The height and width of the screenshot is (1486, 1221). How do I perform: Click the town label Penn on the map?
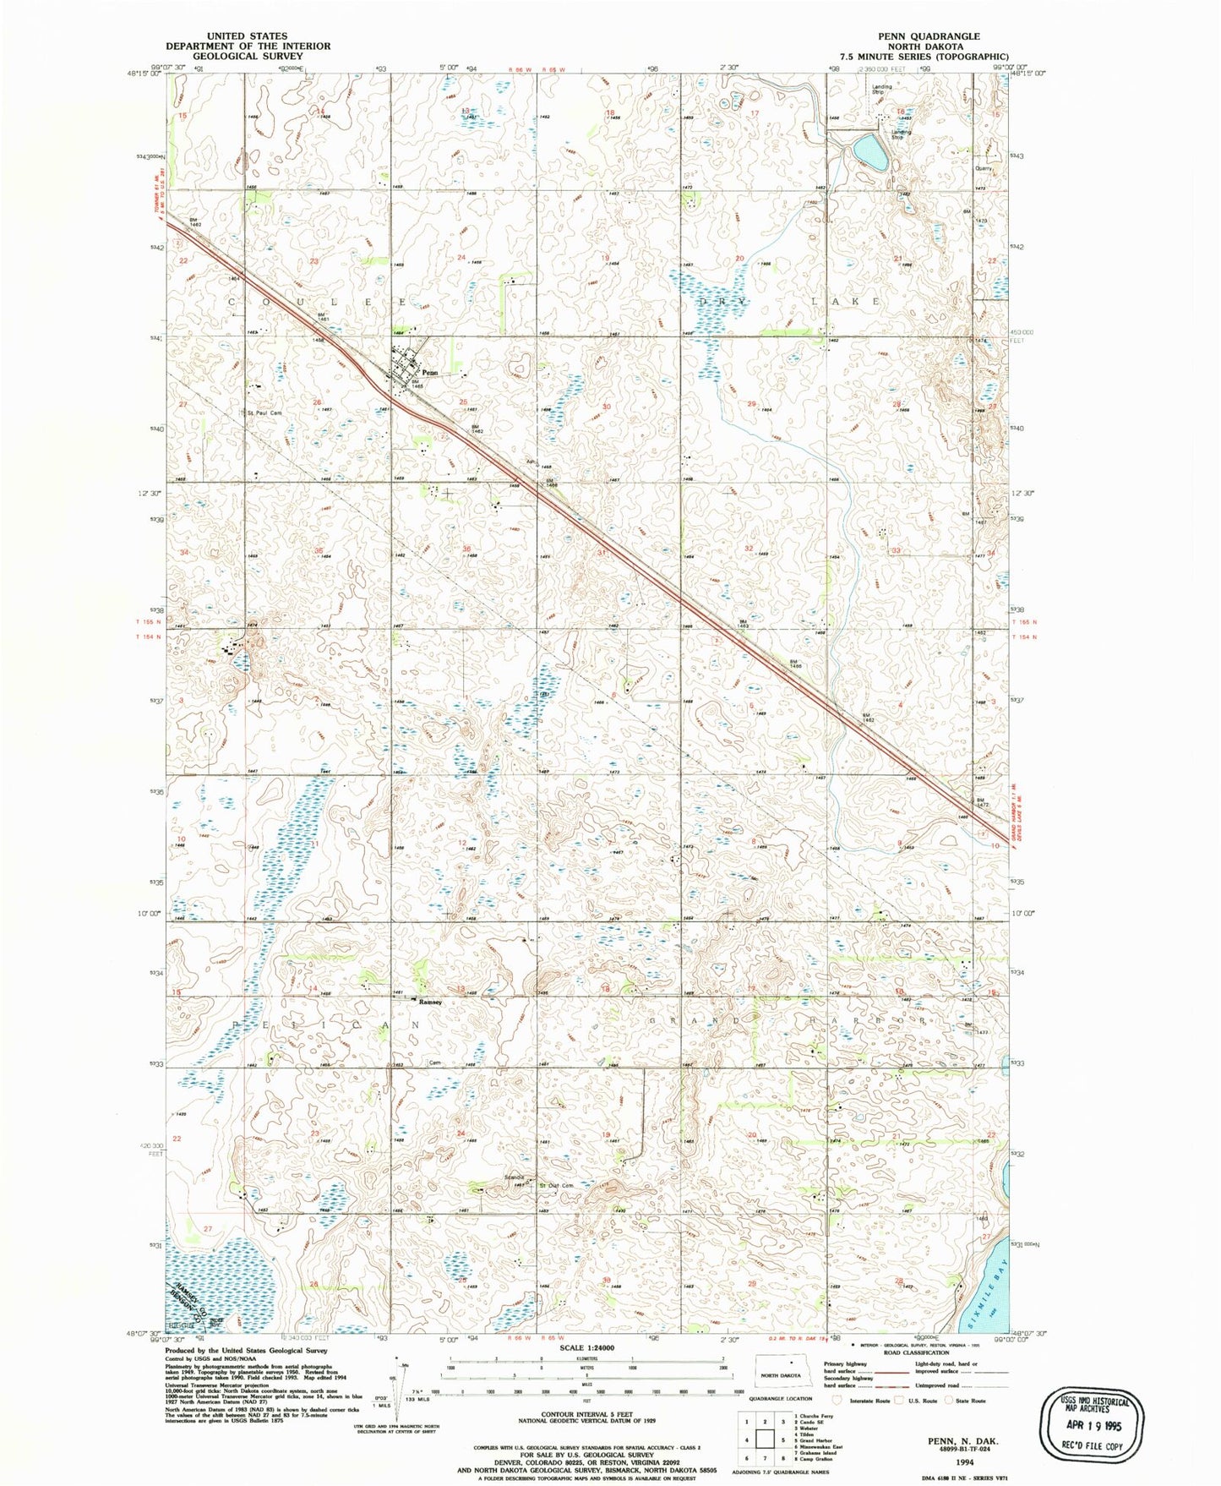coord(429,372)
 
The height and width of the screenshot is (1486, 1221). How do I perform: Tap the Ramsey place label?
coord(430,1002)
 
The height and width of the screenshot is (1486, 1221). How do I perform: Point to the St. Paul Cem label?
coord(264,413)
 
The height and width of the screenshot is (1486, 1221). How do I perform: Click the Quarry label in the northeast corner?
coord(983,168)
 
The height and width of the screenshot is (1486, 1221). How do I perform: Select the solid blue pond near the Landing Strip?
coord(871,151)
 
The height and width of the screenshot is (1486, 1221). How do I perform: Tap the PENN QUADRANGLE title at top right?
coord(929,36)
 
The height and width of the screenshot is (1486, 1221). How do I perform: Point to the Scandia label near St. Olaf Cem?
coord(514,1177)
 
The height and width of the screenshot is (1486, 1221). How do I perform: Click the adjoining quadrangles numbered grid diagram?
coord(765,1439)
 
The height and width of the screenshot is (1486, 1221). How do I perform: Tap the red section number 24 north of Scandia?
coord(461,1134)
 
